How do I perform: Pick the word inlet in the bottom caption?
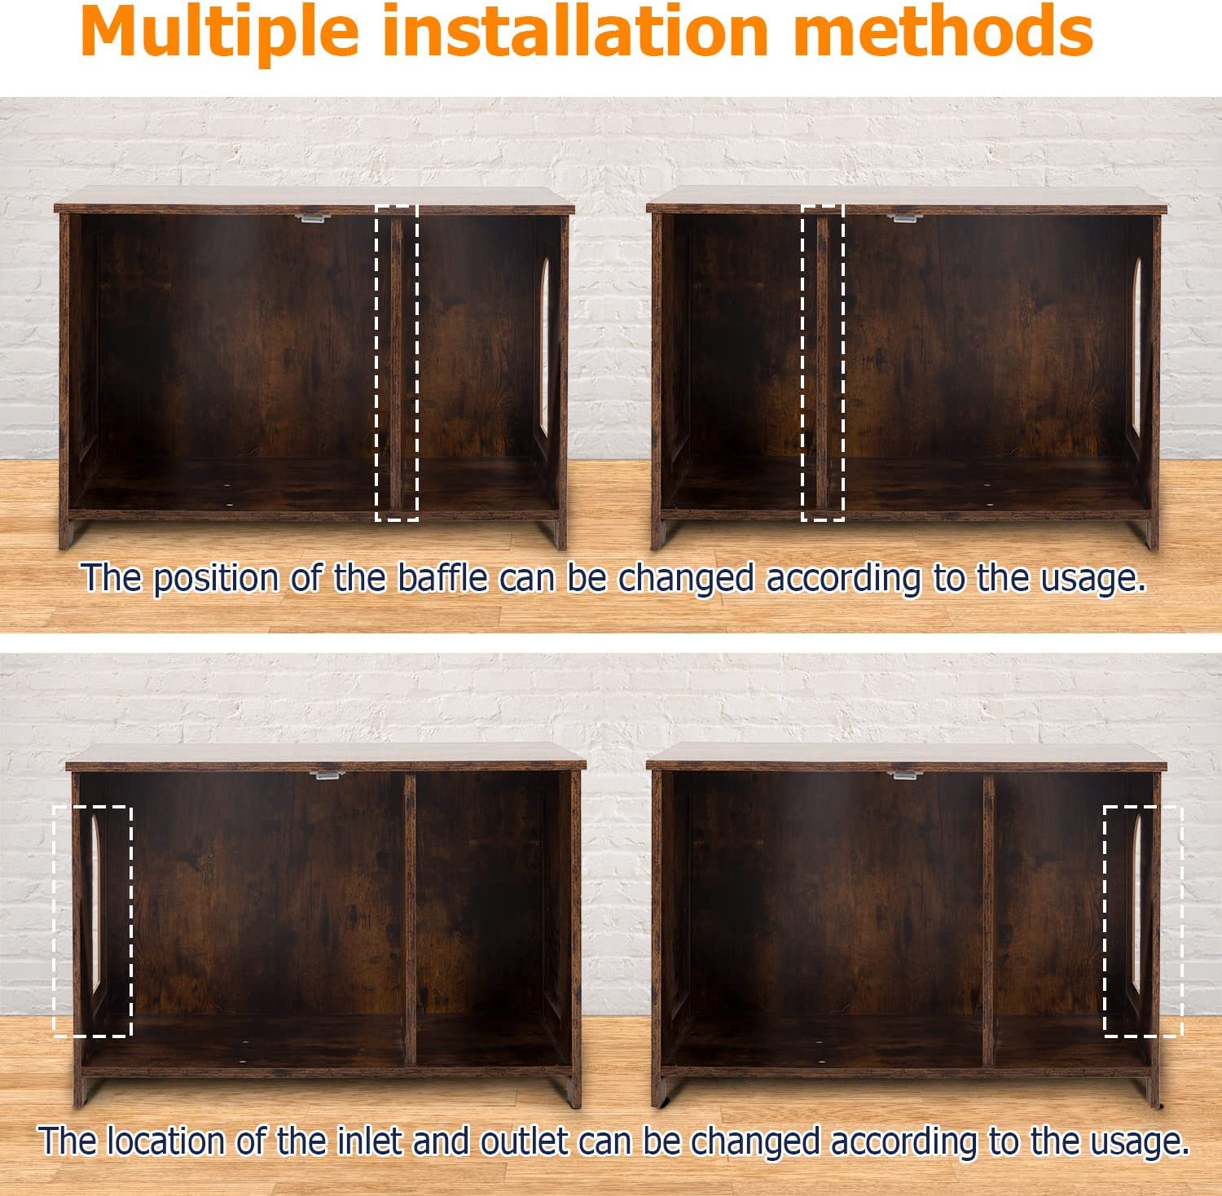pyautogui.click(x=369, y=1141)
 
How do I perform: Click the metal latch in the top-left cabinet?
pyautogui.click(x=310, y=217)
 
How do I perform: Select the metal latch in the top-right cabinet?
pyautogui.click(x=902, y=217)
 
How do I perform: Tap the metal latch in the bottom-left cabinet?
pyautogui.click(x=328, y=774)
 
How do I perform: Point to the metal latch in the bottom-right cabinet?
pyautogui.click(x=905, y=774)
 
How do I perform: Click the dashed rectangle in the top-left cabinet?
pyautogui.click(x=397, y=362)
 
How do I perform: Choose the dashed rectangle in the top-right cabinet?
pyautogui.click(x=823, y=362)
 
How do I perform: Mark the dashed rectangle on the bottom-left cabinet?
pyautogui.click(x=93, y=921)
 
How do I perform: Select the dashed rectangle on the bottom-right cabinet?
pyautogui.click(x=1142, y=921)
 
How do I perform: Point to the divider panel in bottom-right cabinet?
pyautogui.click(x=988, y=920)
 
